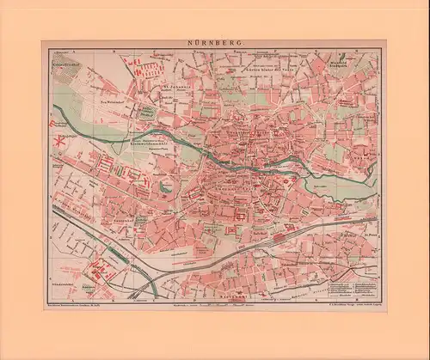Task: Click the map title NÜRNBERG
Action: [x=215, y=41]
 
